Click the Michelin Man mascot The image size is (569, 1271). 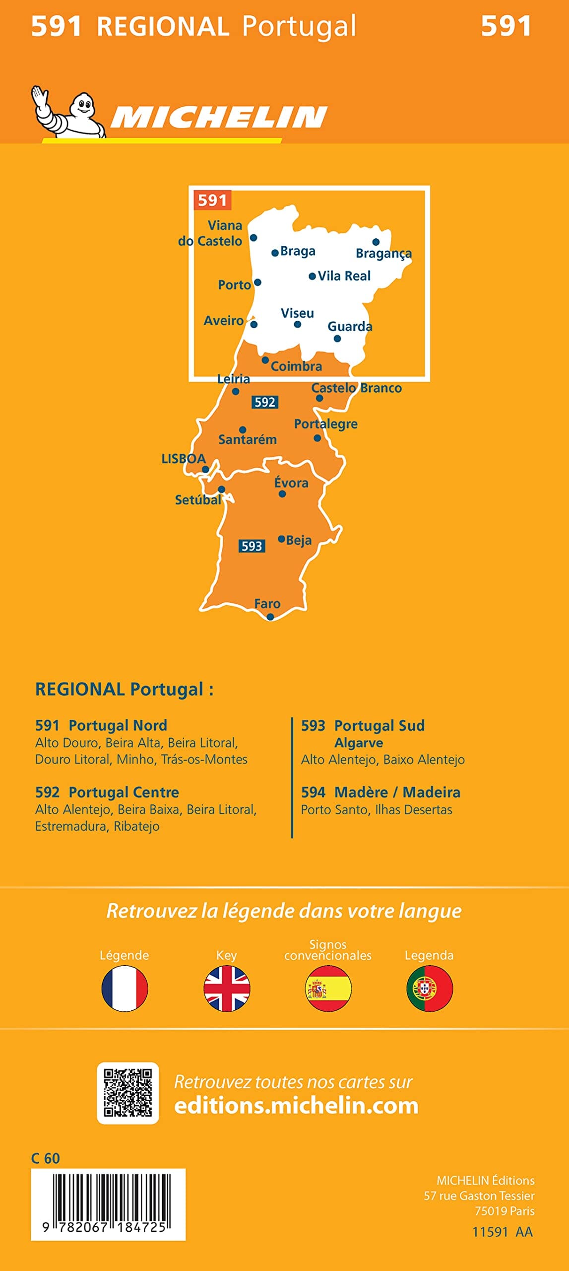point(69,112)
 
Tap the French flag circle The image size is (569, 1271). point(125,989)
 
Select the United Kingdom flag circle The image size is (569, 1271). point(227,989)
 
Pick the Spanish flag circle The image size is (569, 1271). point(328,989)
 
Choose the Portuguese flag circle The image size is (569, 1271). point(429,989)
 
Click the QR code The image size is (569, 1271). point(128,1093)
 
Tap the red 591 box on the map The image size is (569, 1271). point(212,200)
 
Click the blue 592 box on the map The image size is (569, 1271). point(265,402)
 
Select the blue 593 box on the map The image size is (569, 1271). point(252,546)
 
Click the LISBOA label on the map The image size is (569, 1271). point(183,458)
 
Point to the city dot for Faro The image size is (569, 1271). point(270,617)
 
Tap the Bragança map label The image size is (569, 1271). point(383,254)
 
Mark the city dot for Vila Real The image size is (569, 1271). point(312,277)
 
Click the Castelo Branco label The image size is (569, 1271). point(356,388)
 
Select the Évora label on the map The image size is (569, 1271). point(291,483)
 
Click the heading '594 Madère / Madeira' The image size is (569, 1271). point(380,792)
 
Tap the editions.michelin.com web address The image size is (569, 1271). point(296,1106)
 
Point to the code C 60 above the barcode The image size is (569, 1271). point(45,1158)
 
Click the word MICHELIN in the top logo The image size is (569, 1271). point(218,118)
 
